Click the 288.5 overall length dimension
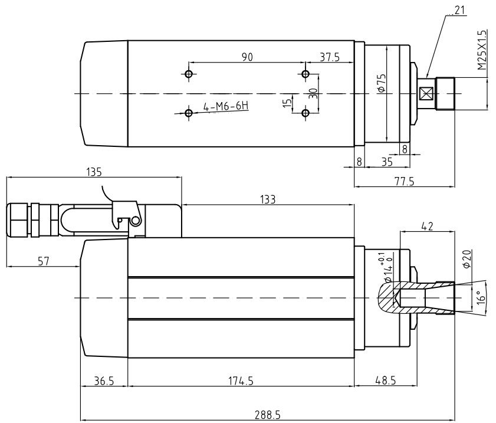(x=267, y=415)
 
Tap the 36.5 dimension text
(x=104, y=381)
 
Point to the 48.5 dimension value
(x=385, y=381)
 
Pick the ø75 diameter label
(x=382, y=83)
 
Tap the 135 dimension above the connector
(x=94, y=172)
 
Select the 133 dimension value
(x=268, y=199)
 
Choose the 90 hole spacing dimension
(x=248, y=57)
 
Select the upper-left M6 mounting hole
(x=189, y=74)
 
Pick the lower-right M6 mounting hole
(x=306, y=113)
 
